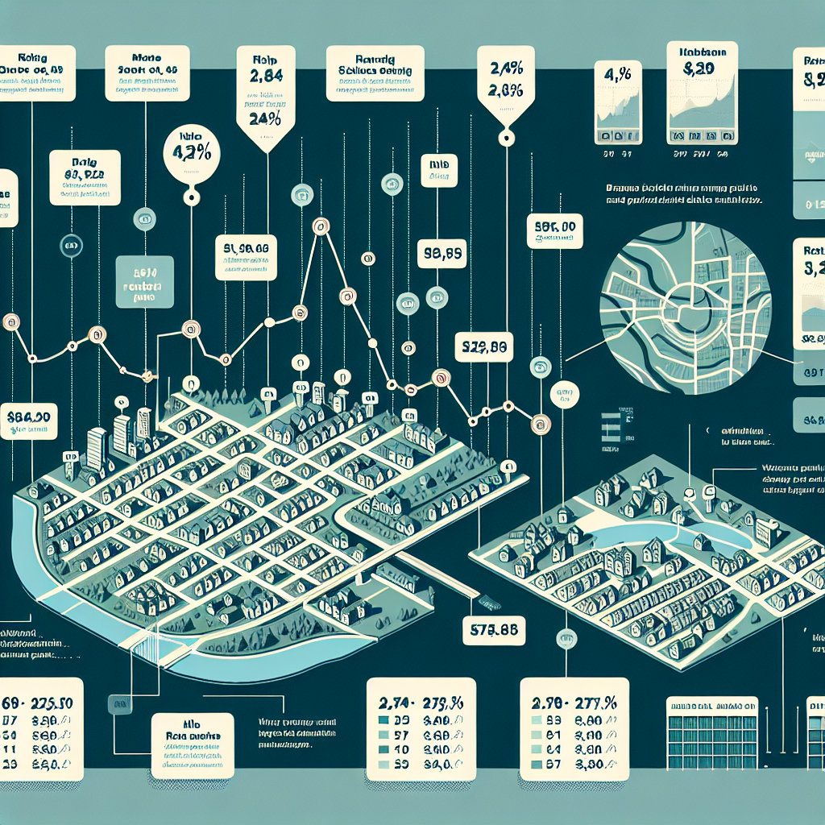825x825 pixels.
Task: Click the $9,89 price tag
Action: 442,255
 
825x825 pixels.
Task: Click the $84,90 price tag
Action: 28,419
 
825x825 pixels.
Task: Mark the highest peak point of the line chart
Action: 319,226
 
